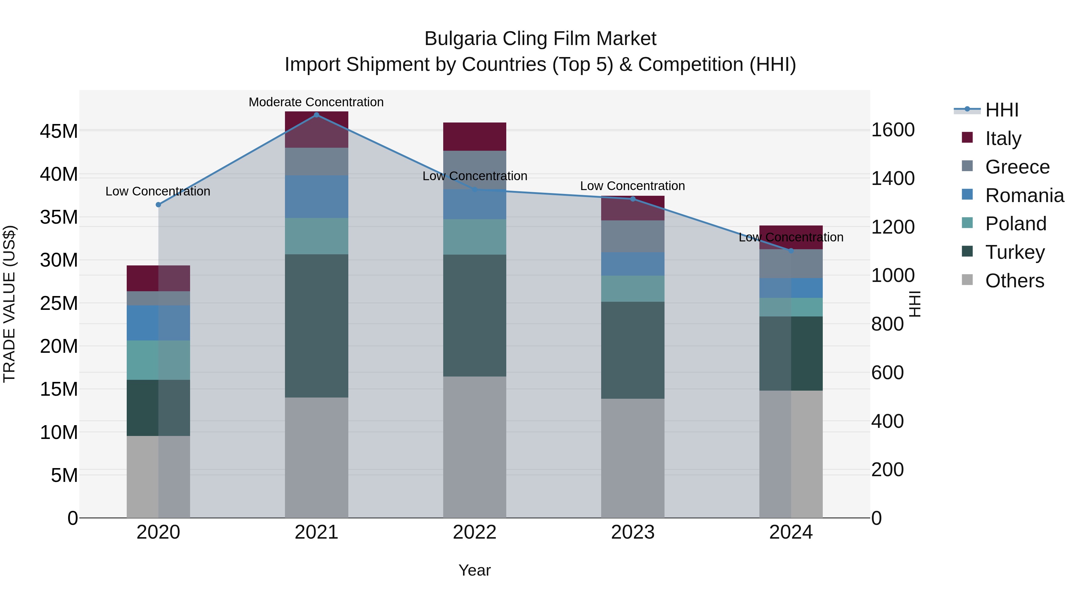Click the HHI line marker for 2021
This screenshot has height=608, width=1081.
click(316, 115)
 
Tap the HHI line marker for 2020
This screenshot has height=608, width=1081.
click(158, 205)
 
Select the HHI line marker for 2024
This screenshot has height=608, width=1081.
click(791, 250)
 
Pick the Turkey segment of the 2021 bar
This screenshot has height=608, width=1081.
click(316, 325)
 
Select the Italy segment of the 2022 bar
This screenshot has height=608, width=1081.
click(475, 136)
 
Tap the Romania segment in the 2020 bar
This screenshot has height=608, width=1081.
click(158, 323)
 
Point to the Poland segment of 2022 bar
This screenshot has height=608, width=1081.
click(475, 237)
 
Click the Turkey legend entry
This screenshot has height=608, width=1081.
click(1014, 252)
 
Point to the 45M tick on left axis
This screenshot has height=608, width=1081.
click(59, 131)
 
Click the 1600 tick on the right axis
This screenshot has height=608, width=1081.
click(893, 130)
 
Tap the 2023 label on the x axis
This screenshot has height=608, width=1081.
click(632, 532)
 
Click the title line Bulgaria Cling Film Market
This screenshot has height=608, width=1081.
click(540, 39)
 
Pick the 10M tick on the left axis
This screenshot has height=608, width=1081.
click(59, 432)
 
